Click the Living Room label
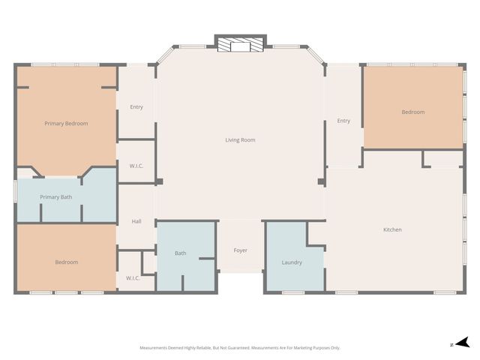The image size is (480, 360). (x=240, y=140)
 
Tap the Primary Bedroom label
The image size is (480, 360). (x=66, y=123)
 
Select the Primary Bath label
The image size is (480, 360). (x=56, y=197)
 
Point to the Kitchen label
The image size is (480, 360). (x=392, y=229)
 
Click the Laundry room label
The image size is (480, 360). (x=292, y=262)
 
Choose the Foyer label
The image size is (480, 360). (x=240, y=250)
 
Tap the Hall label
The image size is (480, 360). (x=136, y=221)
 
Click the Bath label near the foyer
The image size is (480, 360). (x=180, y=253)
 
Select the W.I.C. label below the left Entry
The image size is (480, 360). (x=136, y=166)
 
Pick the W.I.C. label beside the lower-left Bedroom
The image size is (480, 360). (x=133, y=278)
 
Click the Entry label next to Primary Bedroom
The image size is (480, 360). (x=136, y=106)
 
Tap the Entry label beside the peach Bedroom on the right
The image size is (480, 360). (x=343, y=121)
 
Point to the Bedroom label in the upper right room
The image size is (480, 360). (x=413, y=112)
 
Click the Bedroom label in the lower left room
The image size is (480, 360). (x=67, y=262)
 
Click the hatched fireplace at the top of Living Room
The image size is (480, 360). (x=240, y=45)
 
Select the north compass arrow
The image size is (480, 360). (x=463, y=343)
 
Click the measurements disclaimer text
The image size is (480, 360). (x=240, y=348)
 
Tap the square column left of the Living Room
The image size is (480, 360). (x=159, y=181)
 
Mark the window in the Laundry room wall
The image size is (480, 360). (x=293, y=292)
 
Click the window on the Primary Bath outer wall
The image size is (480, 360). (x=15, y=191)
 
